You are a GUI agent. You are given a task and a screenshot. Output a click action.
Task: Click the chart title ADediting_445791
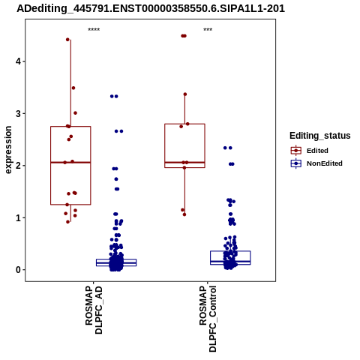[x=151, y=9]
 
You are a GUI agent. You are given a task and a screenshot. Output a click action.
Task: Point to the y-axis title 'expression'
[x=8, y=150]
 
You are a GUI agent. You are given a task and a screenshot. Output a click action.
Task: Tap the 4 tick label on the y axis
[x=18, y=61]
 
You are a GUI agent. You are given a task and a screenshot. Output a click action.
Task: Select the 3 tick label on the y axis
[x=18, y=113]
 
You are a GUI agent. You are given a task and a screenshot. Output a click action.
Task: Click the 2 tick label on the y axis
[x=18, y=166]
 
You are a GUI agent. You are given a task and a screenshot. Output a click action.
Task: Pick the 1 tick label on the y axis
[x=18, y=217]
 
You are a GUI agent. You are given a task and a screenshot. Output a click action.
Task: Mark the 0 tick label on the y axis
[x=18, y=270]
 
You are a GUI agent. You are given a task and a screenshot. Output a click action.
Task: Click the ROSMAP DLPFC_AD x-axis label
[x=94, y=310]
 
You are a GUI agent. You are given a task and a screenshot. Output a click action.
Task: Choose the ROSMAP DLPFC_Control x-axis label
[x=208, y=319]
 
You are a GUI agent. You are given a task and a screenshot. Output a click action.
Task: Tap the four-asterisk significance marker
[x=94, y=30]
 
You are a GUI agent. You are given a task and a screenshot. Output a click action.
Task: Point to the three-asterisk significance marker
[x=208, y=30]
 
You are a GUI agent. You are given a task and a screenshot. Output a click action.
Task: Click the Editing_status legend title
[x=320, y=136]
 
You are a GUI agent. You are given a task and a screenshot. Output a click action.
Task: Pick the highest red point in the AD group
[x=67, y=40]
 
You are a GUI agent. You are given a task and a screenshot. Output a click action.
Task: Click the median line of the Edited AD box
[x=70, y=163]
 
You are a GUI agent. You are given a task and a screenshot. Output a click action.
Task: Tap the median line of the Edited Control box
[x=184, y=163]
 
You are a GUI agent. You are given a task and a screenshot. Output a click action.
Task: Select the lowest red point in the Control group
[x=184, y=214]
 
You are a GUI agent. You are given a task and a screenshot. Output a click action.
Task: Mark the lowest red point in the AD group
[x=67, y=222]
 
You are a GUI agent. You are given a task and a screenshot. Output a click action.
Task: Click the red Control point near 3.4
[x=185, y=94]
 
